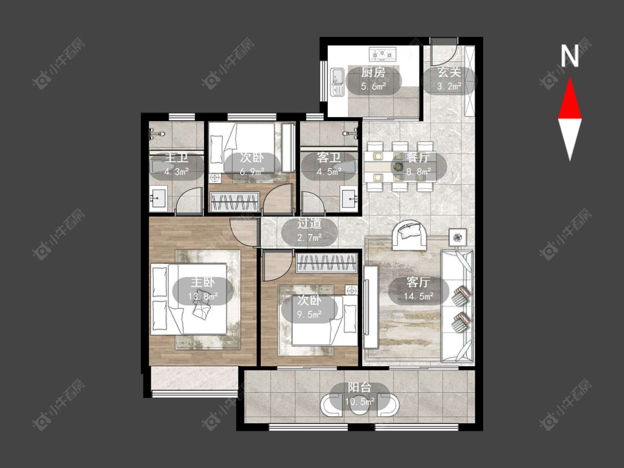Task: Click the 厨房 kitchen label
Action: coord(373,73)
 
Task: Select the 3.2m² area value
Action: coord(449,86)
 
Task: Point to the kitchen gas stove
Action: coord(382,54)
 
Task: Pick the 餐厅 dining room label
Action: coord(418,157)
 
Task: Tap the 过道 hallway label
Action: coord(309,223)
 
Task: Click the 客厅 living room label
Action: coord(418,282)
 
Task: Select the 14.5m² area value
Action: coord(418,296)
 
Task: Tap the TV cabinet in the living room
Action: coord(371,306)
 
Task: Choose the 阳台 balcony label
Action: coord(359,387)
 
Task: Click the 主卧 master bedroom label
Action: coord(202,282)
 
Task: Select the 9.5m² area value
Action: coord(309,314)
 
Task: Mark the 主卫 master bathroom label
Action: coord(176,157)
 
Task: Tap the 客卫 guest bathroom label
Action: coord(328,157)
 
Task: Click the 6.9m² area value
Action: coord(252,172)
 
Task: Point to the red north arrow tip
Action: coord(570,78)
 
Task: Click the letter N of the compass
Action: coord(570,55)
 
